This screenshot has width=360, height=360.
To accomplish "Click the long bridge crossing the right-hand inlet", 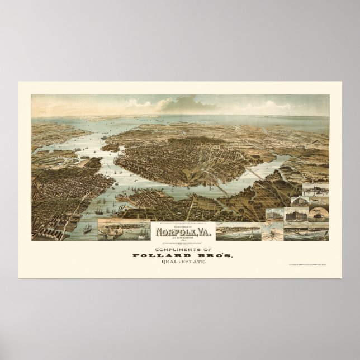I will click(x=263, y=178).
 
